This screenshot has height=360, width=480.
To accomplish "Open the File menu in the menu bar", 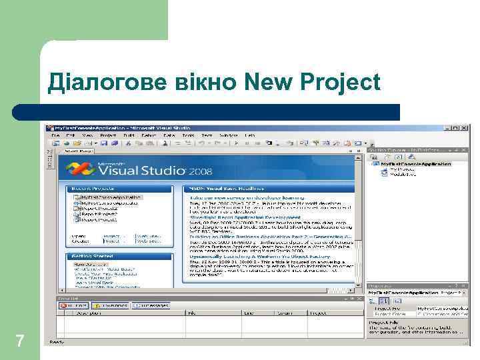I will coord(56,135).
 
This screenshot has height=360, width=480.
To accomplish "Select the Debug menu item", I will coord(149,135).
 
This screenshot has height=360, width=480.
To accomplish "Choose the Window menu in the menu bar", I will coord(228,135).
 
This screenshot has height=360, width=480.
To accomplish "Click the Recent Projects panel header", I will coord(94,189).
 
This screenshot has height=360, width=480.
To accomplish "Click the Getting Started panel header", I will coord(93,256).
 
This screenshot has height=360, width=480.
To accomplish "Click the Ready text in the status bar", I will coord(57,342).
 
